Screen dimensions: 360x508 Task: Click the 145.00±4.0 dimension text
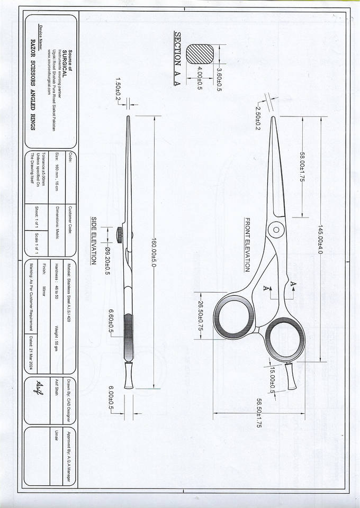click(x=320, y=239)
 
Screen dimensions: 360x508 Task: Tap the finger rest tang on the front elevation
click(x=291, y=377)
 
